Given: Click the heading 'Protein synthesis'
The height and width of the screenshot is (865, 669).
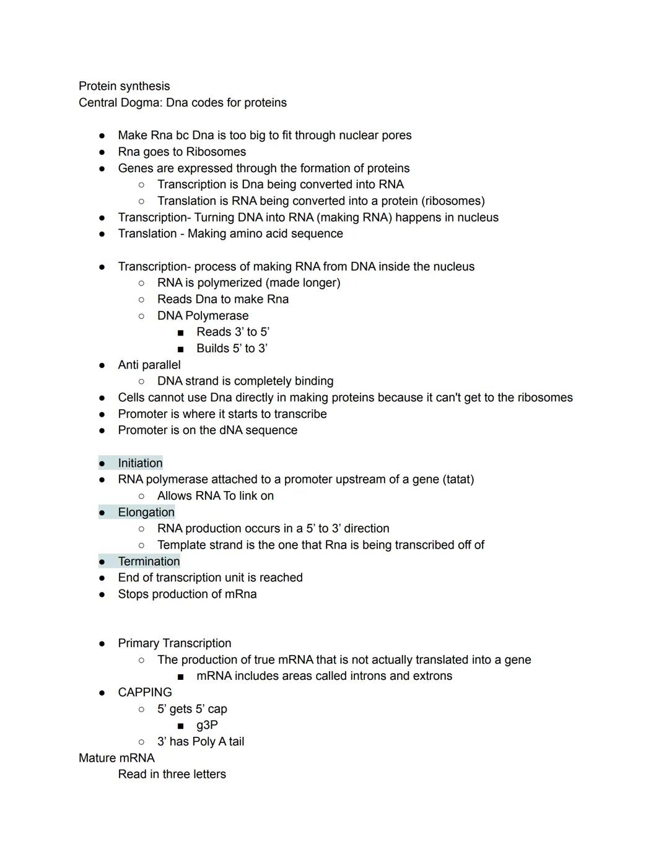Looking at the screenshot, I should pos(124,86).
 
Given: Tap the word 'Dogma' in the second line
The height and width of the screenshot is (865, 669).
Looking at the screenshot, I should pos(141,103).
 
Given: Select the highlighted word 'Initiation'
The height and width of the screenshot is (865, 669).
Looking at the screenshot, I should pos(140,463).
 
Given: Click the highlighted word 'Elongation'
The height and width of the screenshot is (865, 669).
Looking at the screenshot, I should pos(146,512).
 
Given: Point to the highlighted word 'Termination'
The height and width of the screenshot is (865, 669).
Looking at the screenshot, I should pos(149,562).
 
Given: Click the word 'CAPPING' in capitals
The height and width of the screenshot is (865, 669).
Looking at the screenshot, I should pos(145,692).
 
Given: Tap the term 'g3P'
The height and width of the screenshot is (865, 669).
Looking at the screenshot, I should pos(207,725).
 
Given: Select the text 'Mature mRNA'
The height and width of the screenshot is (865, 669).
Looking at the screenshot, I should pos(116,758).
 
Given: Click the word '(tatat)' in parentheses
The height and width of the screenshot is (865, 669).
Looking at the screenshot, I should pos(458,479).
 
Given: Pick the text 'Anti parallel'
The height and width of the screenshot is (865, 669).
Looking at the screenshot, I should pos(149,365).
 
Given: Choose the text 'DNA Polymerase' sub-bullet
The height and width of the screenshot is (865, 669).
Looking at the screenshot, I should pos(203,316).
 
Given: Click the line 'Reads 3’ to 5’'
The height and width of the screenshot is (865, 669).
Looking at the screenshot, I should pos(232,332).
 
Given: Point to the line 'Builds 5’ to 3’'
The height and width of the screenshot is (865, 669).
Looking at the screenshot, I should pos(232,349).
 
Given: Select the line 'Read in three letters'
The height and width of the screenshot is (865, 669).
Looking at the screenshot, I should pos(172,774).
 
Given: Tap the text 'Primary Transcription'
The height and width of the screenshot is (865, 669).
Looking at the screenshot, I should pos(174,643).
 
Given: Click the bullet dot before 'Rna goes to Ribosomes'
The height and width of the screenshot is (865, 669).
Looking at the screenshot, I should pos(102,152).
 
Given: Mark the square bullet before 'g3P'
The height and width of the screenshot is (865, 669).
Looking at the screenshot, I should pos(180,726).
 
